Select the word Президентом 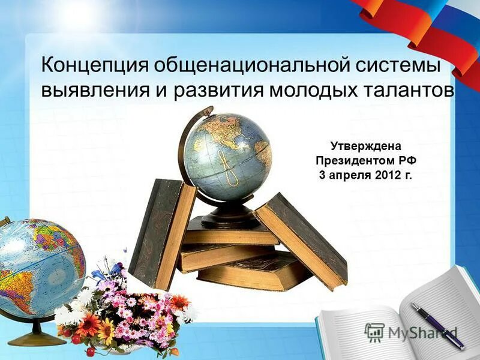click(353, 161)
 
